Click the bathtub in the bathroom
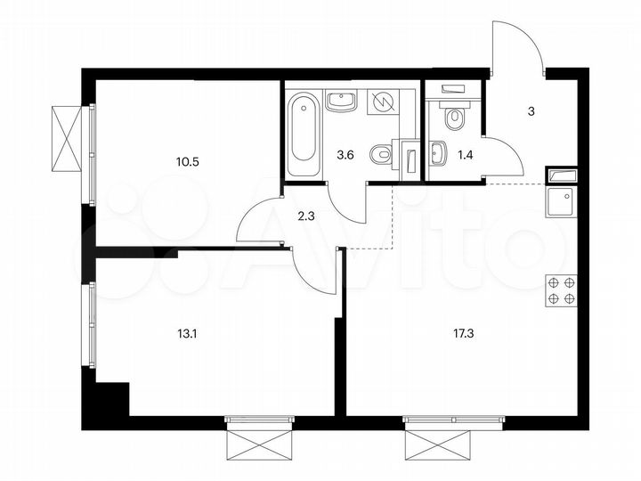304,134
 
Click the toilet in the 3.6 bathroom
380,155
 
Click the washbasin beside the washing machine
340,101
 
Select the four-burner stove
561,290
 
